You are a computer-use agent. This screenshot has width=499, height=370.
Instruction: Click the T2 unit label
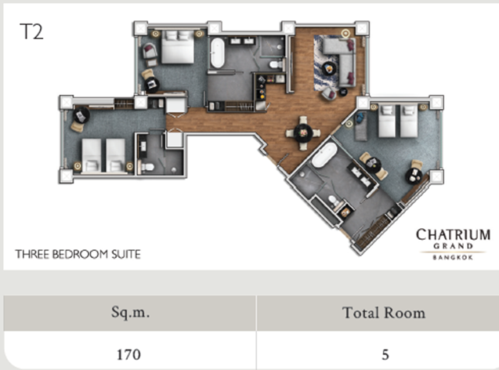pos(31,31)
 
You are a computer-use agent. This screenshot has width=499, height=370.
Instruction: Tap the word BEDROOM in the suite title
pos(81,255)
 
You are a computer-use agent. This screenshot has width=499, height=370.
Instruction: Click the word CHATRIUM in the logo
pos(453,234)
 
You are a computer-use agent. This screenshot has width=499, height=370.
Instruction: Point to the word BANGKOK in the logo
pos(453,257)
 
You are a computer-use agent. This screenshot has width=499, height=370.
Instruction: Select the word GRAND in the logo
pos(453,246)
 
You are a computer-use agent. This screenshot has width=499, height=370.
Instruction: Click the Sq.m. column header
pos(130,312)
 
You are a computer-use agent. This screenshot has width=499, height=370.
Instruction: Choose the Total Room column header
pos(384,313)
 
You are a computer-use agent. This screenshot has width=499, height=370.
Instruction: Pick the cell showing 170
pos(129,354)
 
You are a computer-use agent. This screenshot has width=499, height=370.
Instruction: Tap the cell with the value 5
pos(385,354)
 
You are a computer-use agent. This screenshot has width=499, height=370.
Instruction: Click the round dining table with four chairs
pos(303,132)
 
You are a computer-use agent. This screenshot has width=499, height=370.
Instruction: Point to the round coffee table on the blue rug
pos(328,68)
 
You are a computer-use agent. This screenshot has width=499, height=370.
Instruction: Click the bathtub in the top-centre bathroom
pos(217,53)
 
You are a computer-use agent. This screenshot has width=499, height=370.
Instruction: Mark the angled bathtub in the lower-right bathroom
pos(324,154)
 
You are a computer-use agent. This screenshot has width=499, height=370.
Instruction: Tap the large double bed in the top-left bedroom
pos(177,47)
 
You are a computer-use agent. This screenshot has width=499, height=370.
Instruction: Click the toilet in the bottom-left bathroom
pos(147,166)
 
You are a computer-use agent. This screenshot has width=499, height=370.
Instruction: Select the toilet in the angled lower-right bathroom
pos(334,201)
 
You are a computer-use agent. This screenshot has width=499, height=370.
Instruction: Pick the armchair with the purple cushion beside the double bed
pos(150,51)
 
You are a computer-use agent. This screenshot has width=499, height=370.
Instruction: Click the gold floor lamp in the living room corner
pos(345,33)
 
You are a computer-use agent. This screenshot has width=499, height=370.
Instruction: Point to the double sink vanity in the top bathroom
pos(242,41)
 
